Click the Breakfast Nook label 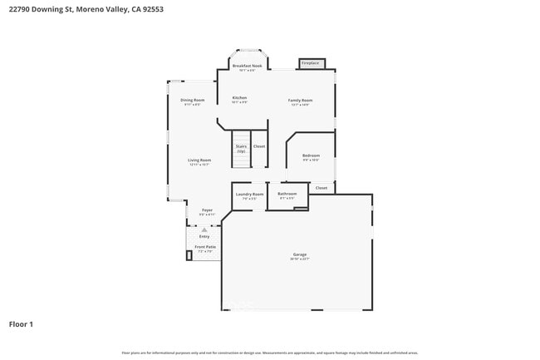coord(247,66)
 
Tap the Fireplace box coord(311,63)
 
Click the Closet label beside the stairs coord(259,146)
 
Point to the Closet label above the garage coord(322,188)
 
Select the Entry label coord(204,236)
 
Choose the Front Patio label coord(205,247)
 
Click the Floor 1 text coord(21,324)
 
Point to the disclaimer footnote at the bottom coord(269,353)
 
